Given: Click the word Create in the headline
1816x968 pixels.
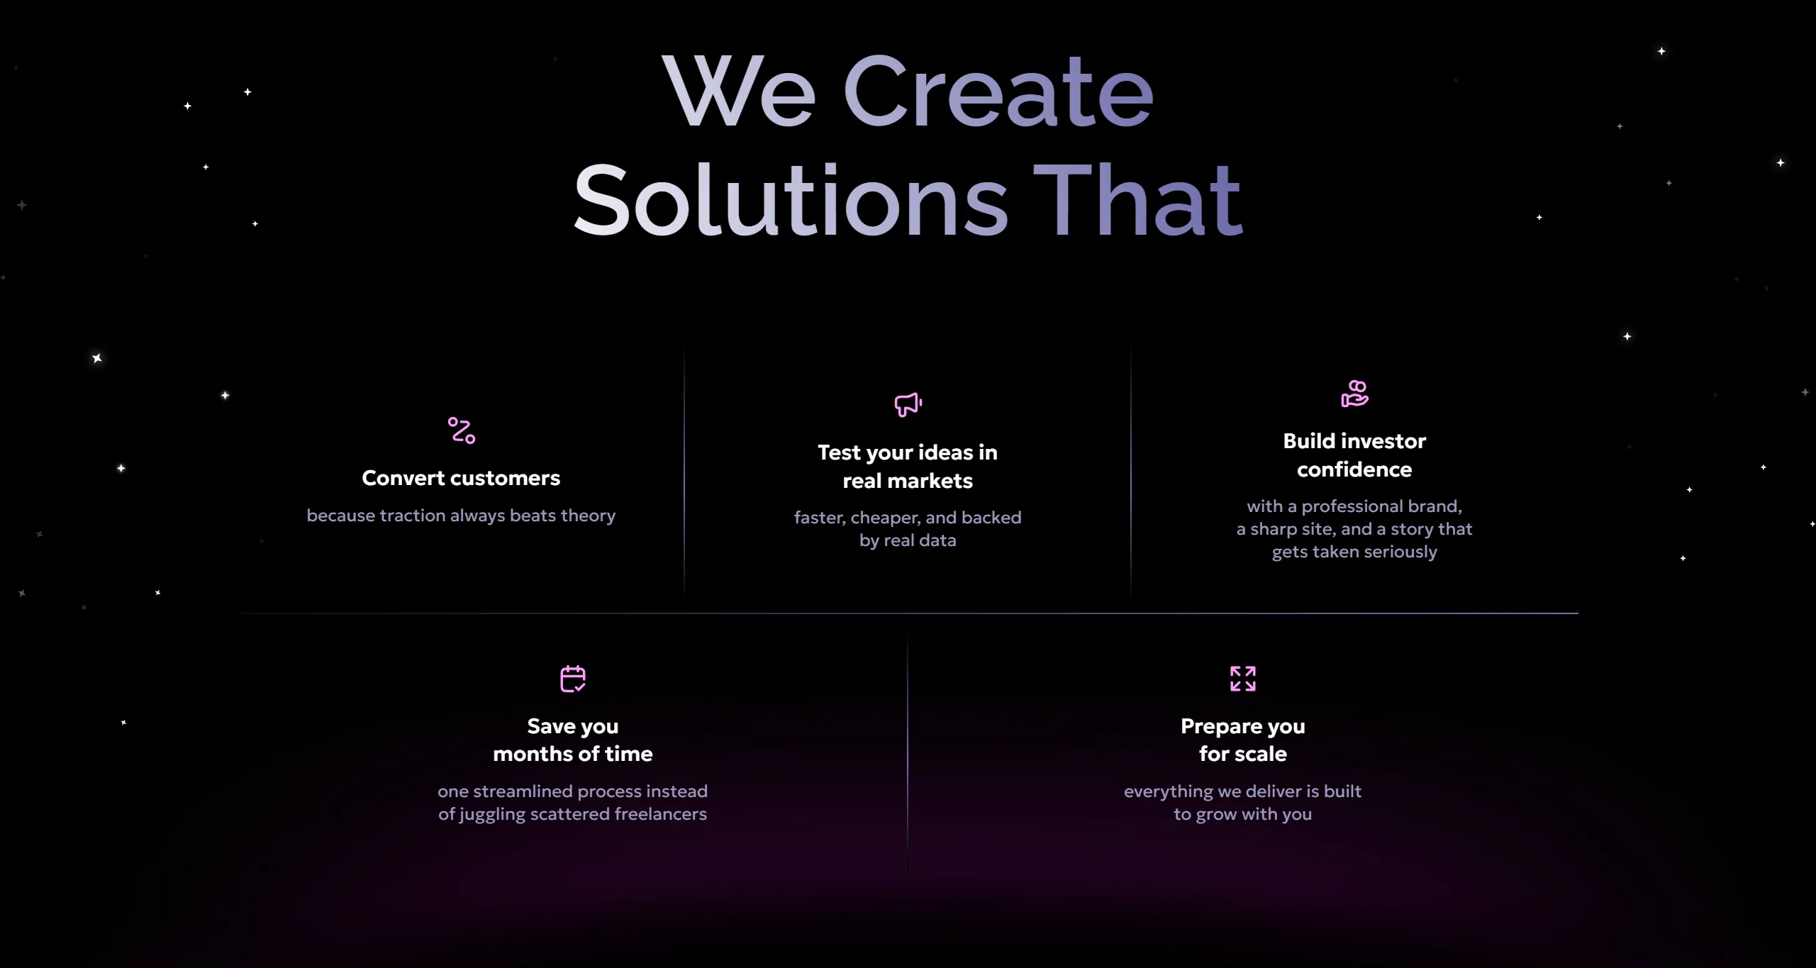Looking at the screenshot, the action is pos(998,91).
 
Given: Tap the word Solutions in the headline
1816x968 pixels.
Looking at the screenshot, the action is pos(791,200).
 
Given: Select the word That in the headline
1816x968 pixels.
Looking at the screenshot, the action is pos(1137,200).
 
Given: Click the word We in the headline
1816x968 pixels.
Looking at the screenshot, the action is pos(738,91).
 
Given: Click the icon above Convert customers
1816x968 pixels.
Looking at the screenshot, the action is pos(462,430).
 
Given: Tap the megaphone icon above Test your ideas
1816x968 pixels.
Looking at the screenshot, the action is pos(908,404).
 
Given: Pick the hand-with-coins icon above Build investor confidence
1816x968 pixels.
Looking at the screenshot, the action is pos(1354,394).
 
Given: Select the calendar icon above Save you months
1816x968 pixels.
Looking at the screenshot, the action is pos(573,679).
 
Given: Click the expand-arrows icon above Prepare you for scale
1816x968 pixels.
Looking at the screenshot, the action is pos(1243,679).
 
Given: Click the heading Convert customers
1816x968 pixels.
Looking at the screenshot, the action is pos(461,478).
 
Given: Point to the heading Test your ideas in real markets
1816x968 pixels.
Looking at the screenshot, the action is pos(908,467).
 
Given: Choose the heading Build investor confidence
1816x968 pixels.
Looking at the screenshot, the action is pos(1354,455).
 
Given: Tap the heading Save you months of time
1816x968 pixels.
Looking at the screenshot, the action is pos(573,740).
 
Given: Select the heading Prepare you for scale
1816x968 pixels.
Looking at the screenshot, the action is pos(1243,740).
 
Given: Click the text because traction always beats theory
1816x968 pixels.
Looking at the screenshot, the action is pos(461,516).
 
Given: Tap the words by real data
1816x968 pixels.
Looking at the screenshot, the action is pos(908,541).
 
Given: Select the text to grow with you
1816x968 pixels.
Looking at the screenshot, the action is pos(1243,814).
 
